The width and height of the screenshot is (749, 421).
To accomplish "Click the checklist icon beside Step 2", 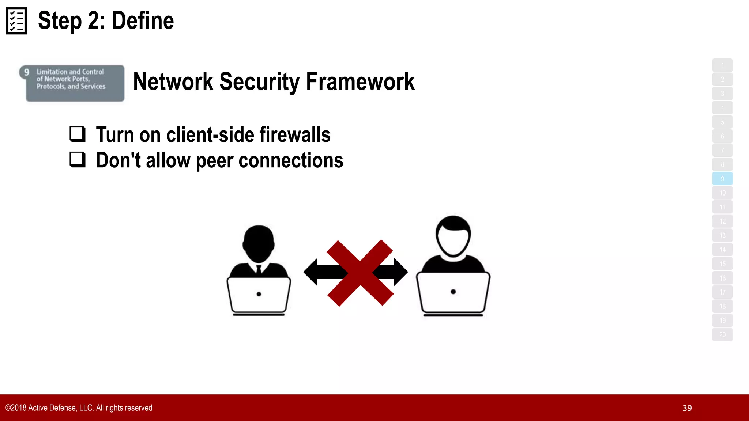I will coord(16,21).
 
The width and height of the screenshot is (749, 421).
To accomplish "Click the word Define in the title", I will coord(143,21).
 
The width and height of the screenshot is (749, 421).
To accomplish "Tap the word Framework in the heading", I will coord(360,81).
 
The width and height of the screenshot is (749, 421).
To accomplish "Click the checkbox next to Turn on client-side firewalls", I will coord(78,134).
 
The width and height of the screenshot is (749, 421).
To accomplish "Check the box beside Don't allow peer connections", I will coord(78,160).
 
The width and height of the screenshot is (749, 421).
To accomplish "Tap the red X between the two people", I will coord(360,273).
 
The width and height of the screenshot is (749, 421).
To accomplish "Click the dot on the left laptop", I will coord(259,294).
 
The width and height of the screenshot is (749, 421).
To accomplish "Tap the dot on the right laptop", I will coord(453,292).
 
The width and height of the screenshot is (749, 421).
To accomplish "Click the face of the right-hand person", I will coord(453,241).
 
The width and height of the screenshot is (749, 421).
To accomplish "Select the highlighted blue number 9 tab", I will coord(722,179).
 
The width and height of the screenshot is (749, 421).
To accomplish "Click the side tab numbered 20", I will coord(722,335).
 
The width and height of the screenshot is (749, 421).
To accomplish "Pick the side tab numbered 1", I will coord(722,65).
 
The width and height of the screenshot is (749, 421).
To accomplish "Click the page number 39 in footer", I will coord(687,408).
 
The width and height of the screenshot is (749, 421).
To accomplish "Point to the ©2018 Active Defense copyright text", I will coord(79,408).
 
